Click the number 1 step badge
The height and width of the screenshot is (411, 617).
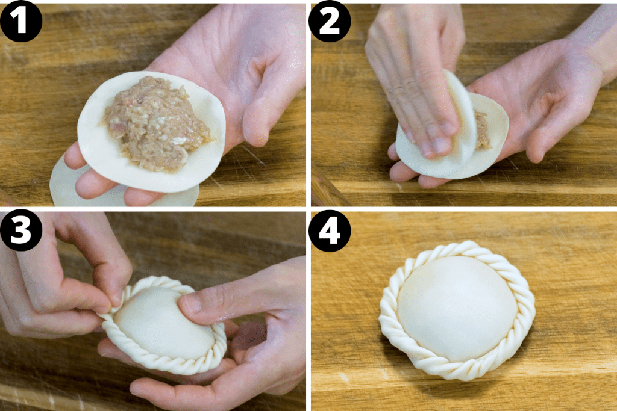tap(21, 21)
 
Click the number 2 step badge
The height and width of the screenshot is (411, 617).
tap(330, 21)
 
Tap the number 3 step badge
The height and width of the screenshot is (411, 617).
tap(21, 232)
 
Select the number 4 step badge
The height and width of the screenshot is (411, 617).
tap(330, 232)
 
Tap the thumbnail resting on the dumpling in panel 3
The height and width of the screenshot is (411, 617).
tap(192, 304)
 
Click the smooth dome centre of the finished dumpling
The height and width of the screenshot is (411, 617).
tap(456, 307)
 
